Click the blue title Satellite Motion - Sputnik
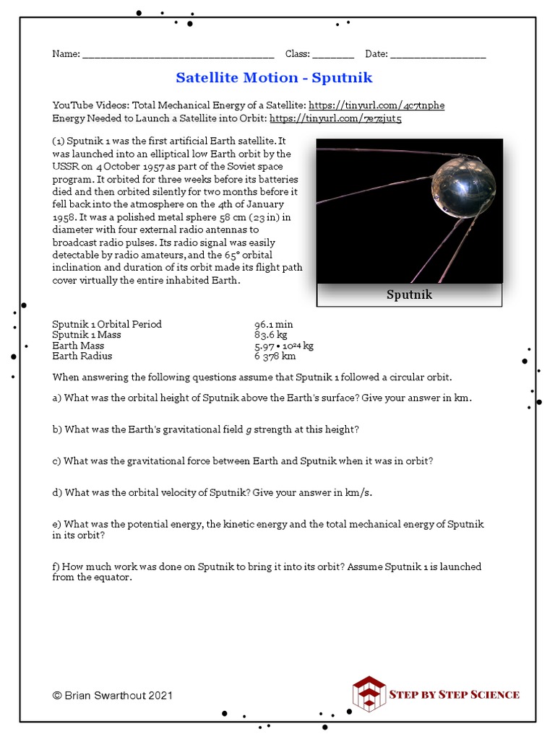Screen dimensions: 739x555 (x=274, y=77)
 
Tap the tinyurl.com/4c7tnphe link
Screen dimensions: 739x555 (x=377, y=105)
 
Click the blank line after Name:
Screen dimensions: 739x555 (x=178, y=55)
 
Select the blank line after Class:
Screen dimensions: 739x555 (x=333, y=55)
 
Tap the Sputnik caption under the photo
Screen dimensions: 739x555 (x=409, y=294)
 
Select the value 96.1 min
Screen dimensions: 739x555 (x=273, y=324)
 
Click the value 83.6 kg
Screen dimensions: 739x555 (x=270, y=335)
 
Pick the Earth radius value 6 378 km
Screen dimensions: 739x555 (x=275, y=356)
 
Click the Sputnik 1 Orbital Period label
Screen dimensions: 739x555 (x=107, y=324)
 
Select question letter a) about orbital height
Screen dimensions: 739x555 (x=57, y=398)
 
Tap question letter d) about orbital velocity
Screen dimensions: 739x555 (x=57, y=492)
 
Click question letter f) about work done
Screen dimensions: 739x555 (x=56, y=567)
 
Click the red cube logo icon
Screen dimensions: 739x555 (x=369, y=694)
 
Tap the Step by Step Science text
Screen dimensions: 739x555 (x=455, y=694)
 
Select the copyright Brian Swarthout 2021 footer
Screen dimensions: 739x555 (x=113, y=696)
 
